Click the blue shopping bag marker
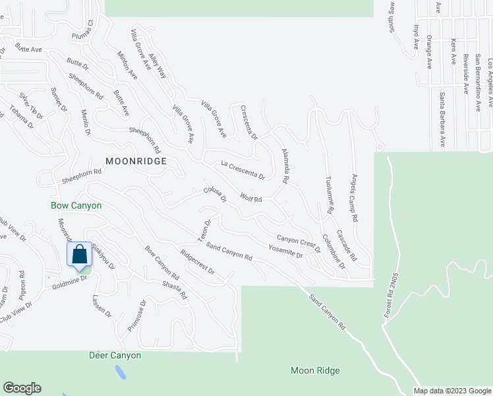[x=79, y=254]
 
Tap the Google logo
[x=22, y=388]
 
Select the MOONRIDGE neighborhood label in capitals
[x=134, y=161]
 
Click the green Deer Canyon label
[x=115, y=355]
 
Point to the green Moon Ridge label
[x=315, y=371]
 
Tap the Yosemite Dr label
[x=285, y=251]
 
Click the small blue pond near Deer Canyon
[x=121, y=373]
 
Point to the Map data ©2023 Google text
[x=452, y=391]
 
